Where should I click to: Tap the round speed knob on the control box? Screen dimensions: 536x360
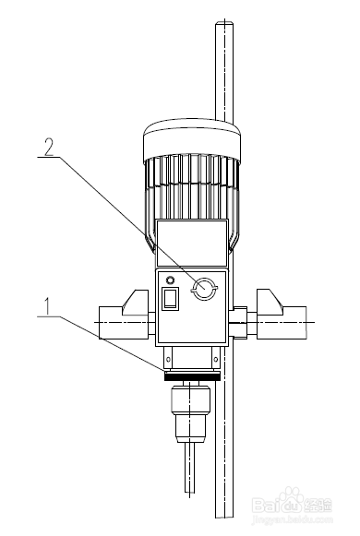tap(202, 290)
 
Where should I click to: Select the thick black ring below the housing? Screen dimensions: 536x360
tap(191, 376)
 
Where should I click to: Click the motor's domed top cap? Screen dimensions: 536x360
tap(191, 137)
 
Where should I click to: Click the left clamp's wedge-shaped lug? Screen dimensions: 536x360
tap(134, 301)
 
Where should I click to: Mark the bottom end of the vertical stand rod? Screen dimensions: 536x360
tap(224, 517)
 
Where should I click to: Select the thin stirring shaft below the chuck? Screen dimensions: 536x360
tap(189, 470)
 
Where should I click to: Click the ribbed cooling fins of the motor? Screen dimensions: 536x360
tap(191, 189)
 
